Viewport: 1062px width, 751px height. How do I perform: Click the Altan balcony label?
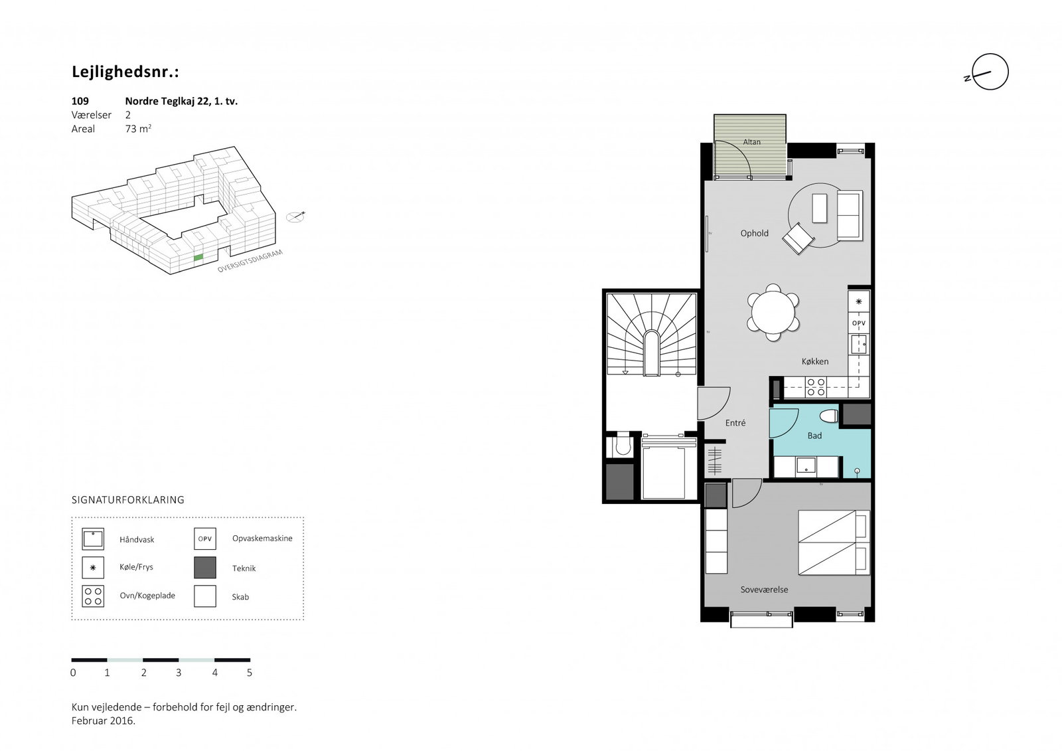pyautogui.click(x=751, y=142)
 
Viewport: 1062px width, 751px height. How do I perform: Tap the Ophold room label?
pyautogui.click(x=754, y=233)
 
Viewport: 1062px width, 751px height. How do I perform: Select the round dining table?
pyautogui.click(x=773, y=313)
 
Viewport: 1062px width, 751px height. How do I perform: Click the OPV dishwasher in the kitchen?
pyautogui.click(x=859, y=323)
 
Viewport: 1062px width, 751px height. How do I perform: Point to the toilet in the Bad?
pyautogui.click(x=829, y=416)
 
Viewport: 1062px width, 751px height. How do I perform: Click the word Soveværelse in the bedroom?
pyautogui.click(x=764, y=589)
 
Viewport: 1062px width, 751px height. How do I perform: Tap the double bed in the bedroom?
pyautogui.click(x=834, y=542)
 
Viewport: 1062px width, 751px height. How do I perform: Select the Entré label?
pyautogui.click(x=735, y=423)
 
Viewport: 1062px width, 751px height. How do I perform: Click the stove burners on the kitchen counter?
pyautogui.click(x=816, y=386)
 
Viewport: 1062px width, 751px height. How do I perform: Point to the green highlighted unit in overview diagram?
pyautogui.click(x=198, y=257)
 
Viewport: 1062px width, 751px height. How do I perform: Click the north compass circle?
pyautogui.click(x=990, y=72)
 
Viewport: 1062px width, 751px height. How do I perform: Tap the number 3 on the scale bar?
pyautogui.click(x=179, y=672)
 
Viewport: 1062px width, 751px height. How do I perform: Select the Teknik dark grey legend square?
pyautogui.click(x=205, y=568)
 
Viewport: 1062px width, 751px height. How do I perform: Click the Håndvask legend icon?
pyautogui.click(x=93, y=539)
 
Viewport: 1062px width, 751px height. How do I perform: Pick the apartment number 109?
pyautogui.click(x=80, y=100)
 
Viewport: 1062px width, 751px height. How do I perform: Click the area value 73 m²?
pyautogui.click(x=138, y=129)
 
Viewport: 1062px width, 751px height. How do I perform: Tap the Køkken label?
pyautogui.click(x=815, y=361)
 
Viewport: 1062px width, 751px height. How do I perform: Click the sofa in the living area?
pyautogui.click(x=850, y=215)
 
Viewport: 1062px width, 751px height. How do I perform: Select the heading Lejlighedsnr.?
pyautogui.click(x=125, y=72)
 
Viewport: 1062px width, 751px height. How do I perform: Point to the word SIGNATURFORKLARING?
pyautogui.click(x=128, y=499)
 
